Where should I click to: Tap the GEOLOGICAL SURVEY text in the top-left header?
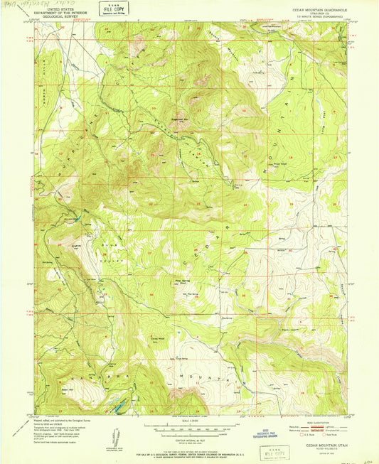click(x=63, y=16)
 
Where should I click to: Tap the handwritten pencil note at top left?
click(x=32, y=4)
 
